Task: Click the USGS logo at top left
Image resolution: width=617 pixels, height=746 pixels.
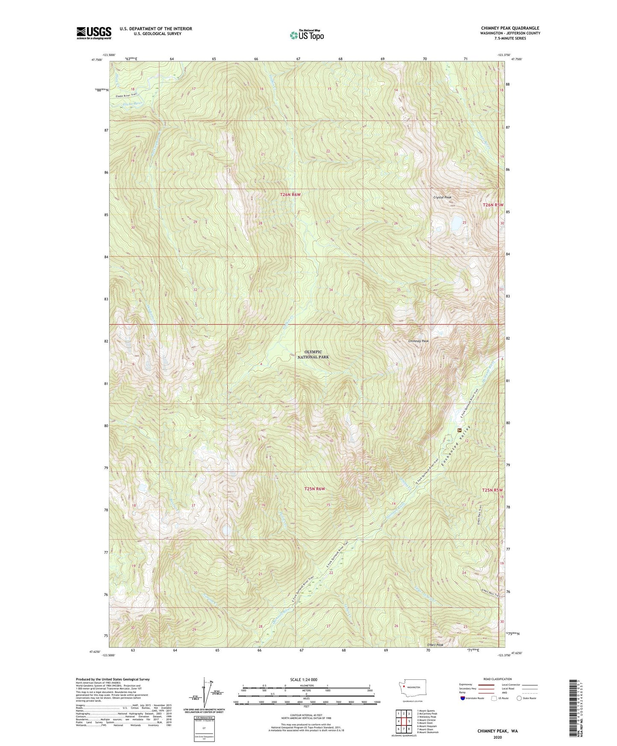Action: [x=94, y=33]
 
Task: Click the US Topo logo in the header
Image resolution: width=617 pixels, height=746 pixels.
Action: [x=306, y=35]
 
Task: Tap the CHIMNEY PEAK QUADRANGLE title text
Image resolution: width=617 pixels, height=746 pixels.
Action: [x=510, y=28]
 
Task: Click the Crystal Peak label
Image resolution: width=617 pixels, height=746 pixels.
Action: [x=442, y=197]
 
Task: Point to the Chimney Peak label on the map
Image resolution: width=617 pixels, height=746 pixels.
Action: [x=418, y=341]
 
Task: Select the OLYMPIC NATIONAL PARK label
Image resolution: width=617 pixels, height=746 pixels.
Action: [x=313, y=354]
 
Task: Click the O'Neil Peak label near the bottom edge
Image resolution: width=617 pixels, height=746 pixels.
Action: [x=436, y=645]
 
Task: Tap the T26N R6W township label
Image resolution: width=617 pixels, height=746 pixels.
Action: [x=290, y=194]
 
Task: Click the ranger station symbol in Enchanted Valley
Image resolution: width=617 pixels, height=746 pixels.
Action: [x=460, y=429]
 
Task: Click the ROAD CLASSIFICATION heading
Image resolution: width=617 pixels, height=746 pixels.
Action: [x=498, y=679]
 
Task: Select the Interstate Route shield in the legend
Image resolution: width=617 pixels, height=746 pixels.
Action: [x=463, y=698]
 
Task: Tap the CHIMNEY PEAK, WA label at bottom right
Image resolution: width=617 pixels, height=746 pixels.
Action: [x=497, y=731]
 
